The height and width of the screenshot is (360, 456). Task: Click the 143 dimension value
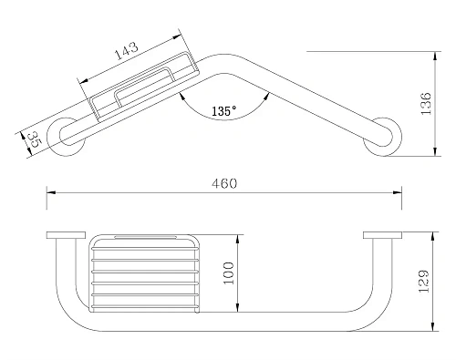pos(127,51)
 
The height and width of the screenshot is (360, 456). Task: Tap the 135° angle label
pos(224,111)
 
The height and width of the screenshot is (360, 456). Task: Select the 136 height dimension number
pos(426,103)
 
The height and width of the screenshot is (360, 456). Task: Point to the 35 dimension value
pos(33,139)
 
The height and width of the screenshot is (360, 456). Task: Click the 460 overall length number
pos(224,183)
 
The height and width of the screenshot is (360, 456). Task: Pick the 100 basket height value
pos(229,273)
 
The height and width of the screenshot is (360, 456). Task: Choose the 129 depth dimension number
pos(424,281)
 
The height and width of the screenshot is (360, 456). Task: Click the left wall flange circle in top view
pos(67,137)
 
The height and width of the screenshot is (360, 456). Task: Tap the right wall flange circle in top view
pos(382,137)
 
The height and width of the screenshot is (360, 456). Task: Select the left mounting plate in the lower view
pos(66,235)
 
